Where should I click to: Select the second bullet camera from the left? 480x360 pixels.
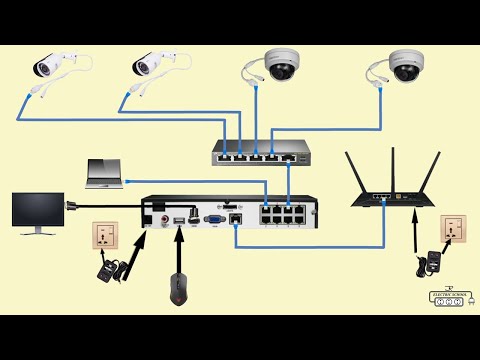(x=153, y=64)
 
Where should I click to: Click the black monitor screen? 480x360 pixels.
(x=38, y=211)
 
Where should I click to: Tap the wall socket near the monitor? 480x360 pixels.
(x=106, y=237)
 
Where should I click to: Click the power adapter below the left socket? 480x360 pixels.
(x=105, y=269)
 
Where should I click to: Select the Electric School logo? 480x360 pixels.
(x=446, y=297)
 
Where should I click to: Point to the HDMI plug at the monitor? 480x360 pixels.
(x=72, y=205)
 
